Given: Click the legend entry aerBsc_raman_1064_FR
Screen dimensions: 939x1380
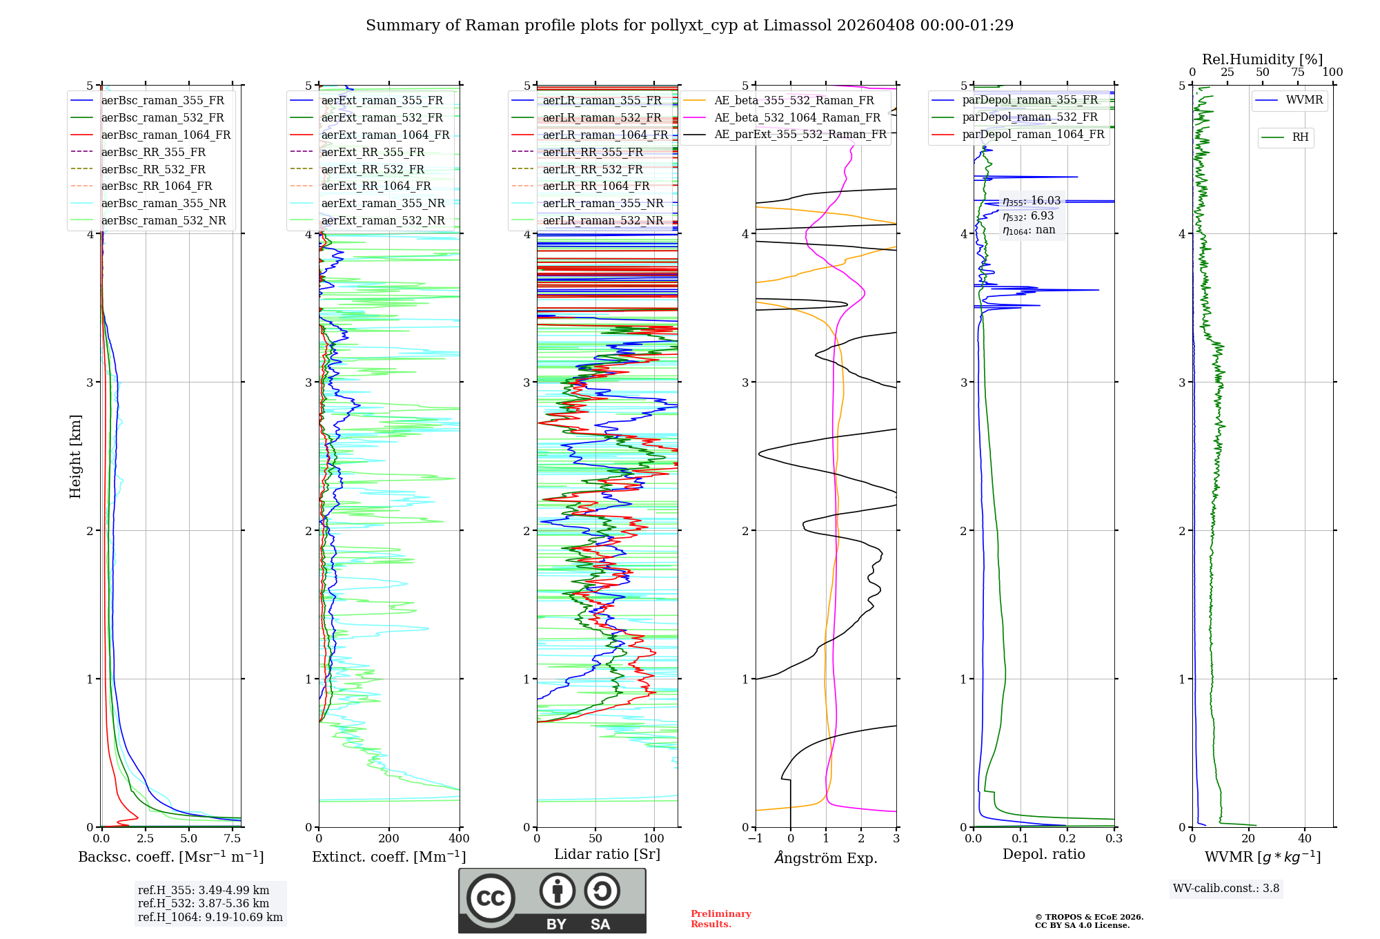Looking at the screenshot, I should [166, 135].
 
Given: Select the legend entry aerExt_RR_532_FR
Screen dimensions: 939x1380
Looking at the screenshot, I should [373, 169].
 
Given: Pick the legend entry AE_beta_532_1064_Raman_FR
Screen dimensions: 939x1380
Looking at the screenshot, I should [797, 118].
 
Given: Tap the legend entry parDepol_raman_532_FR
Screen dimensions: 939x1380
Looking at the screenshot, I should [1029, 117].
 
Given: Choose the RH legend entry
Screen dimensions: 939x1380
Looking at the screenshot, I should [1300, 137].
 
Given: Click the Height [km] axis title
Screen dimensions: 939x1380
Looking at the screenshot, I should [75, 456].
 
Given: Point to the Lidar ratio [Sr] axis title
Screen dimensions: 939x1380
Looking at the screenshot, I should [607, 854].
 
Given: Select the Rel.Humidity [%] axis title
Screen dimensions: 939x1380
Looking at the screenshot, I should [1262, 59].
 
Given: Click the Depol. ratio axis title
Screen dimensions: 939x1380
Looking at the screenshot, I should [1043, 854].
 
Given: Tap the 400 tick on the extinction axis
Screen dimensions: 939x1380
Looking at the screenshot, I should [459, 839].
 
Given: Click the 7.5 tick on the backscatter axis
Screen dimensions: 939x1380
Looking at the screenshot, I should [233, 839].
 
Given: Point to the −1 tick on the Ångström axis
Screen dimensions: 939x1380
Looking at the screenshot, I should [756, 839].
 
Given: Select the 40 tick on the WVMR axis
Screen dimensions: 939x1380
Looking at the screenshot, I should [1305, 839].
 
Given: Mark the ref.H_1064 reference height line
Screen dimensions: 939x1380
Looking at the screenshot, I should [210, 918].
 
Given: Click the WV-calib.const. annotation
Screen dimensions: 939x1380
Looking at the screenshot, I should [1226, 889].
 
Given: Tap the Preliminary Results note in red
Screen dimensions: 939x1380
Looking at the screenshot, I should [720, 919].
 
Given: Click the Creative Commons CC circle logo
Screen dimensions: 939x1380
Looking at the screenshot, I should [491, 898].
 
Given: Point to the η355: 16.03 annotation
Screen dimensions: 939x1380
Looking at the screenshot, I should [1032, 201].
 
